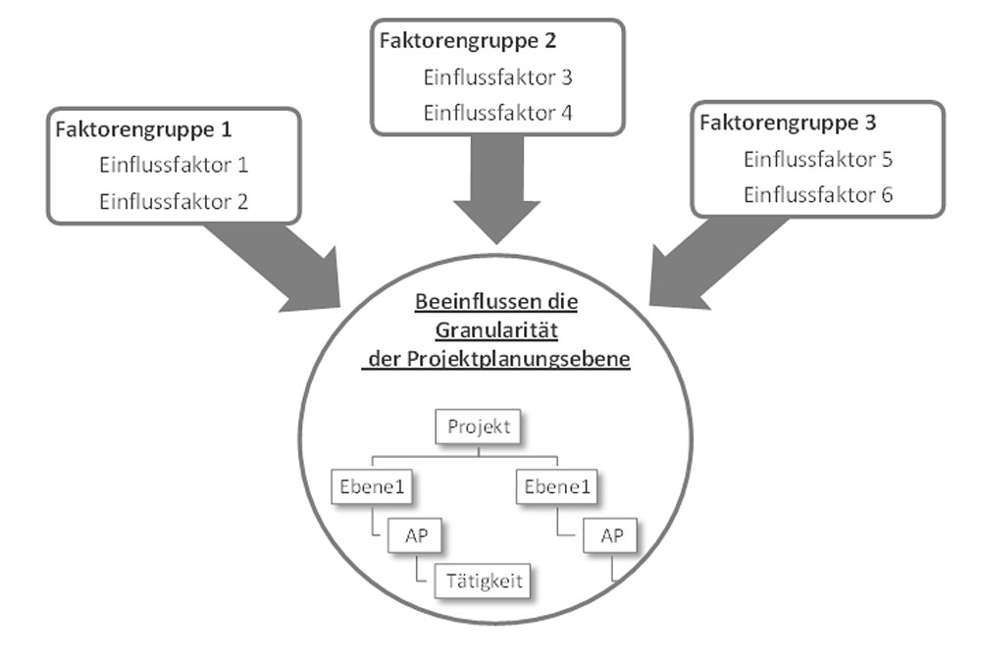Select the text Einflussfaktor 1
click(x=173, y=165)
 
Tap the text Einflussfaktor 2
click(x=173, y=202)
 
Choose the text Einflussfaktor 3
click(x=497, y=76)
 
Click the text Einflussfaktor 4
click(x=497, y=113)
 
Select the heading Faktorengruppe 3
click(x=789, y=124)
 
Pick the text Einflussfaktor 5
click(x=818, y=159)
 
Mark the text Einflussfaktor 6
click(x=818, y=195)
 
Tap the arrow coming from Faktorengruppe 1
click(x=284, y=265)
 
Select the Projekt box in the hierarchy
click(x=480, y=429)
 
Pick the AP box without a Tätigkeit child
click(x=608, y=535)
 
